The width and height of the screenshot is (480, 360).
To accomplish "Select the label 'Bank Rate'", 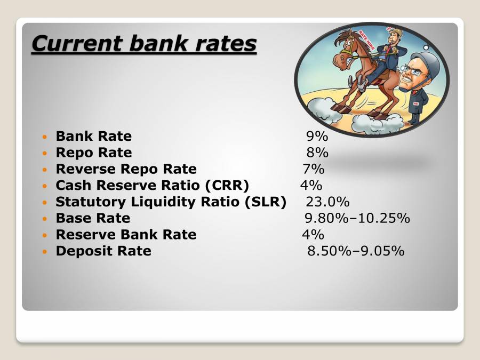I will (x=93, y=137).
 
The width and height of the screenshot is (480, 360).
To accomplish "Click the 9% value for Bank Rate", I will (x=317, y=137).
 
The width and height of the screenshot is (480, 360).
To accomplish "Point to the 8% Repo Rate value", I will (x=317, y=153).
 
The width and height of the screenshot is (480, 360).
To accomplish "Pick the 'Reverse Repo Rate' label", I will (x=126, y=169).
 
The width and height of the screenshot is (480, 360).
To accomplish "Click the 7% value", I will (x=313, y=169).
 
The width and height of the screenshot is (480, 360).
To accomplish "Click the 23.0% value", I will (x=327, y=202).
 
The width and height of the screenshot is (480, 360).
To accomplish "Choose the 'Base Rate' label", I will (x=93, y=218).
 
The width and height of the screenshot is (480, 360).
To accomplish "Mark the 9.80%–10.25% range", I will (x=357, y=218).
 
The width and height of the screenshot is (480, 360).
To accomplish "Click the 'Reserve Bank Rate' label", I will (x=126, y=235).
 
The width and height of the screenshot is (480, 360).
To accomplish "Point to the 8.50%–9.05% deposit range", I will (x=356, y=251).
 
